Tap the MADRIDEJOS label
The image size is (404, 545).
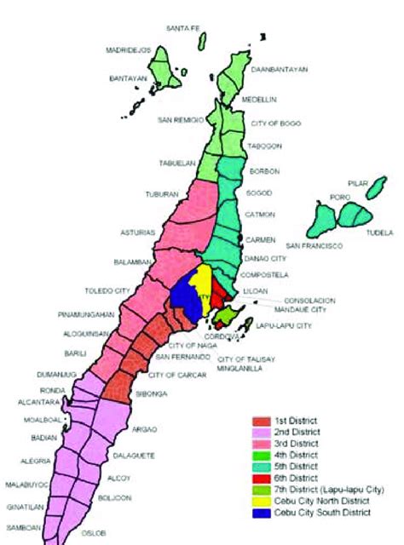point(127,50)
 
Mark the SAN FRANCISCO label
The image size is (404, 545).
point(314,246)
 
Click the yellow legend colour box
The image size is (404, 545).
point(260,502)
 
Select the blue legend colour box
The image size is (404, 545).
point(260,513)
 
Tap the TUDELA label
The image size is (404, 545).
point(380,232)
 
